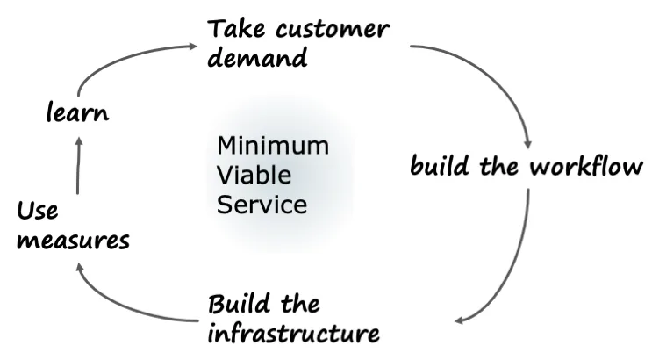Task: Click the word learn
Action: [77, 113]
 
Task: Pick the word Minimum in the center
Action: [273, 145]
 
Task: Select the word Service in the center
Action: [262, 205]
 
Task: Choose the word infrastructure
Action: [294, 334]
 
